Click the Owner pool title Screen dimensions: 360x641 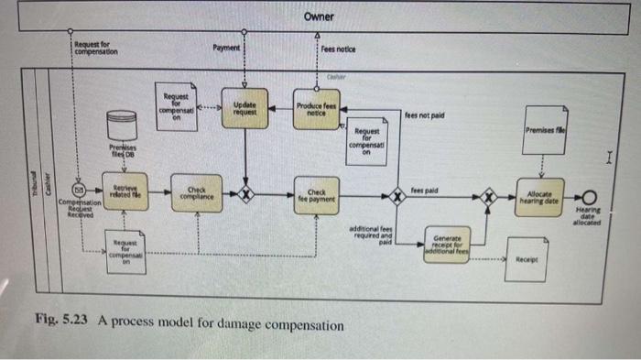tap(320, 17)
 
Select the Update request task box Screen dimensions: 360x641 tap(244, 110)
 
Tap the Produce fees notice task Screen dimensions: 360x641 tap(316, 110)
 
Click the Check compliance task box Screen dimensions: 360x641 tap(193, 194)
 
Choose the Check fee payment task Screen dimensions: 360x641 tap(316, 194)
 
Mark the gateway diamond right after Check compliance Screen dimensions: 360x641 tap(244, 194)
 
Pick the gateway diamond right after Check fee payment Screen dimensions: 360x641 tap(397, 195)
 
